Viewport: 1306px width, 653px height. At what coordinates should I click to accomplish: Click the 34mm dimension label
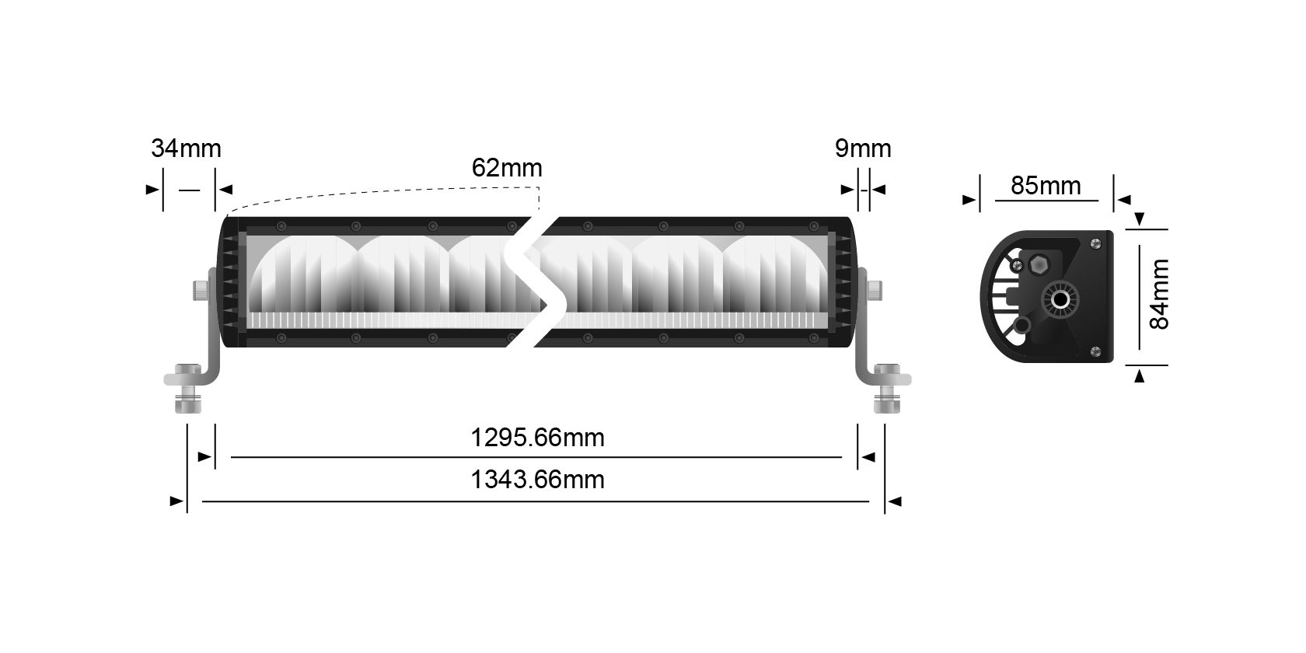(x=186, y=148)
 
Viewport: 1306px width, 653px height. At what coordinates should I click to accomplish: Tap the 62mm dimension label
(x=507, y=168)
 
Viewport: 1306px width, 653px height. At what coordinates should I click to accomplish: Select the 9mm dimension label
(x=863, y=148)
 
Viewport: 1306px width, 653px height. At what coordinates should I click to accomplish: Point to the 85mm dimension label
(x=1046, y=186)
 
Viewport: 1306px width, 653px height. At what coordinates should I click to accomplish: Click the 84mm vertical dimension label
(x=1159, y=295)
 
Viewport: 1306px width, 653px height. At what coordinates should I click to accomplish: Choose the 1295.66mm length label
(x=537, y=438)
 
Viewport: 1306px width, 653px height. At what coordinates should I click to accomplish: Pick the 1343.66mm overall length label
(x=537, y=480)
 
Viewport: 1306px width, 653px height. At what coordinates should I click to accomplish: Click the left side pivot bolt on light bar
(x=201, y=291)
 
